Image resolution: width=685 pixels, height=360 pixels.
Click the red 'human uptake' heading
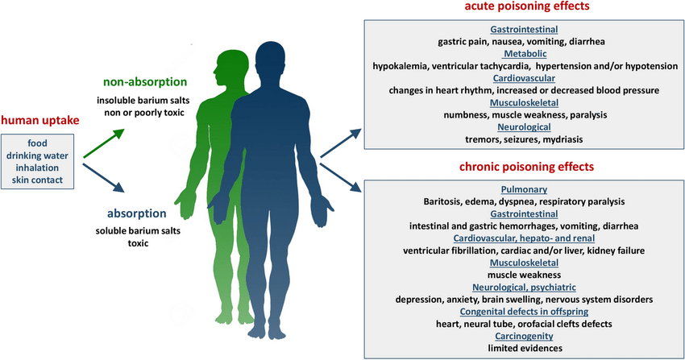(x=40, y=121)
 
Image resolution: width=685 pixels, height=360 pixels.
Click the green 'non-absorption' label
(x=144, y=81)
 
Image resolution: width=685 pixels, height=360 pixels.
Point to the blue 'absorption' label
(x=136, y=214)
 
